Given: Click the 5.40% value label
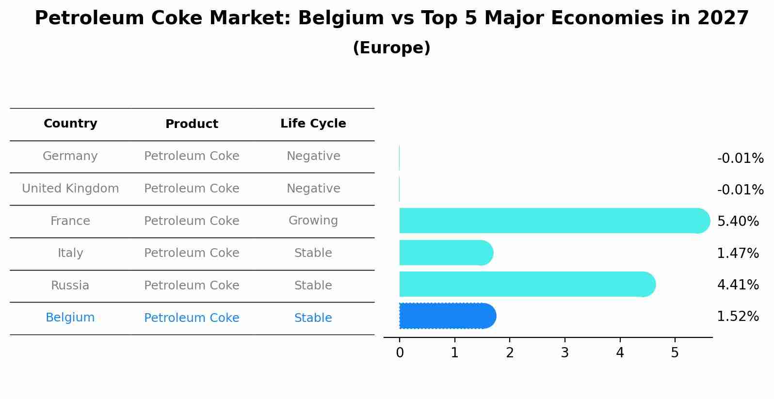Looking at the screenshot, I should click(738, 222).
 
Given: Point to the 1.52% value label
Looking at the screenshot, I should click(738, 317).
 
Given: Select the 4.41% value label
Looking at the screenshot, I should click(738, 285).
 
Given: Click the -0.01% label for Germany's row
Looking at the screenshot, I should click(740, 159).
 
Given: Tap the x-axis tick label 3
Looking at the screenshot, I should click(564, 353).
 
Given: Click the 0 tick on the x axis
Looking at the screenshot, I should click(400, 353).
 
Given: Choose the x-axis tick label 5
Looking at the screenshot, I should click(675, 353).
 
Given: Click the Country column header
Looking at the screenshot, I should click(70, 124).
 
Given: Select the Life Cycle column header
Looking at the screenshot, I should click(313, 124).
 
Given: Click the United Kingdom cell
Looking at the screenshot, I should click(70, 189).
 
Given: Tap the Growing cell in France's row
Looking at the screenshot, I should click(313, 221).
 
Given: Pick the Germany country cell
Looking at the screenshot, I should click(70, 156).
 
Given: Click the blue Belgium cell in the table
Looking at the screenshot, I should click(70, 318).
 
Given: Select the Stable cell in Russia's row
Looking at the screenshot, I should click(313, 286).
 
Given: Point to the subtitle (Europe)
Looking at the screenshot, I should click(391, 48).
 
